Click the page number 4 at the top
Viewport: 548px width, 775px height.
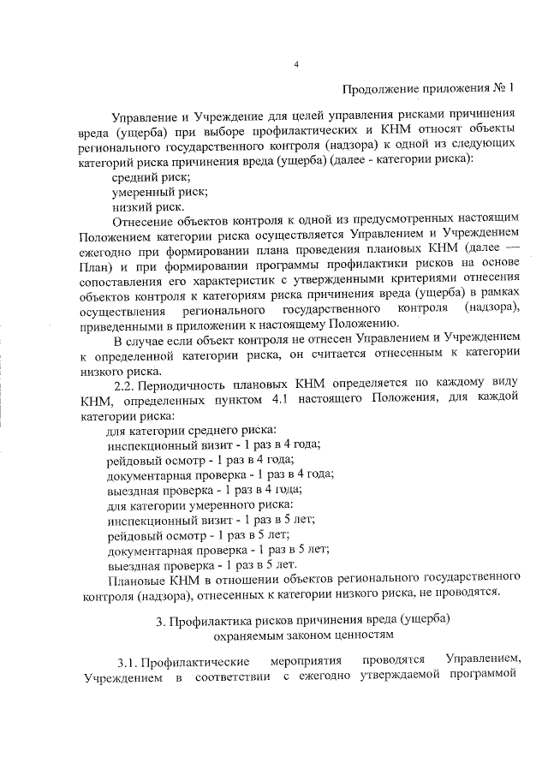[295, 64]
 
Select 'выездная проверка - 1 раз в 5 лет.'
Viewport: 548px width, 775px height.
[202, 566]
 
